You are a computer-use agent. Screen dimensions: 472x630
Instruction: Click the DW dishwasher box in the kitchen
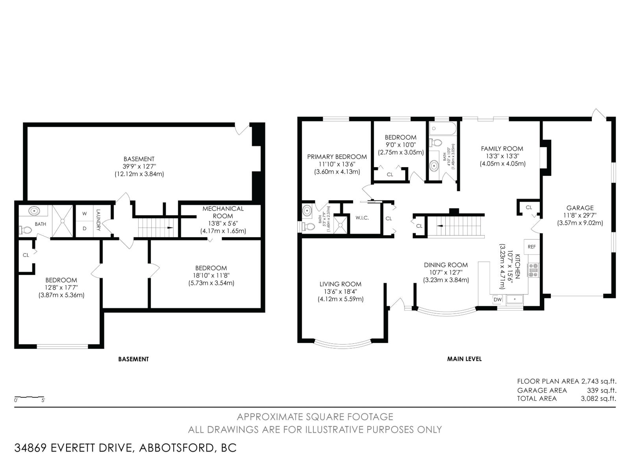tap(498, 299)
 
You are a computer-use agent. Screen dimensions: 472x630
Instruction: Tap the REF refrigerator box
tap(532, 247)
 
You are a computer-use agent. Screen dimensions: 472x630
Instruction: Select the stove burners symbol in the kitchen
tap(534, 271)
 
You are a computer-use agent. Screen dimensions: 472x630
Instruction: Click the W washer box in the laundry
tap(84, 214)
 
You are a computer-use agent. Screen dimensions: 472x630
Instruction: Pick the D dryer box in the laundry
tap(84, 228)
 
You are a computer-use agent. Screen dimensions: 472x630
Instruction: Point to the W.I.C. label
tap(362, 218)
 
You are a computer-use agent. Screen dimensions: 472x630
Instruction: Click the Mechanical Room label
tap(223, 212)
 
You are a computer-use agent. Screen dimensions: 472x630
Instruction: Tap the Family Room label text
tap(502, 149)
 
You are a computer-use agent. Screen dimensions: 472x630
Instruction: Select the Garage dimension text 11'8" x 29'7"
tap(580, 216)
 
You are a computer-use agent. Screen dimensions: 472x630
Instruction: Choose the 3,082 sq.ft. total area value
tap(598, 398)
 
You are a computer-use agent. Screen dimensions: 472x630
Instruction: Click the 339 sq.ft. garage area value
tap(602, 390)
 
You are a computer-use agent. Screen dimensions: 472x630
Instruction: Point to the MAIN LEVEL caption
tap(464, 359)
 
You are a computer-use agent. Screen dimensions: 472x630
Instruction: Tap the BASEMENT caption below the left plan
tap(133, 359)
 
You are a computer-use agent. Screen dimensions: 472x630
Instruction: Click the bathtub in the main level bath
tap(443, 128)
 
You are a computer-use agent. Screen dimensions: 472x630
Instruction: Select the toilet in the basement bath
tap(26, 230)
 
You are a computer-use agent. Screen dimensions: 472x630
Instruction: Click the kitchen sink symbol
tap(515, 299)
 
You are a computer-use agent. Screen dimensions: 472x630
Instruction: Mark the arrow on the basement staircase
tap(170, 228)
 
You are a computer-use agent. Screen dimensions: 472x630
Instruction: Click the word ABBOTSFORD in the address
tap(176, 448)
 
